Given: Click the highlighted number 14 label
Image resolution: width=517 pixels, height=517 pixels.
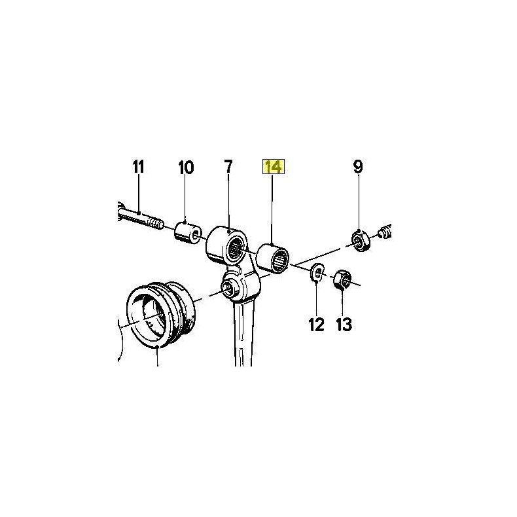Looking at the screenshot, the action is (273, 167).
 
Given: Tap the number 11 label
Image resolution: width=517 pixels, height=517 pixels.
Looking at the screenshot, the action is (139, 167).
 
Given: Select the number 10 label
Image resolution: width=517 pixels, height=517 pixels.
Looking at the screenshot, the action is (186, 168).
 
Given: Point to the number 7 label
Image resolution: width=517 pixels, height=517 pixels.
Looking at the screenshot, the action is (228, 167).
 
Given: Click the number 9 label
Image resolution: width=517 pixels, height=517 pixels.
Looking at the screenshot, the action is (358, 167).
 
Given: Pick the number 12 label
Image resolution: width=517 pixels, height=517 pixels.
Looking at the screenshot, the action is (317, 325).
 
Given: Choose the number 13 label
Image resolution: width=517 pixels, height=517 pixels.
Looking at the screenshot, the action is (344, 325).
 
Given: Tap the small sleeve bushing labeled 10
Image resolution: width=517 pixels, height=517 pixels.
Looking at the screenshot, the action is (187, 233).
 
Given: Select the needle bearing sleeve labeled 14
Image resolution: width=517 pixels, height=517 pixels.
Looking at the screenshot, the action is (273, 258).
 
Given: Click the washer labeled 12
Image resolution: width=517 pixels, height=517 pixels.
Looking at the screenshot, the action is (317, 272).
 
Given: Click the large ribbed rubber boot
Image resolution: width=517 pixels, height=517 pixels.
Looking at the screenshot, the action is (161, 313).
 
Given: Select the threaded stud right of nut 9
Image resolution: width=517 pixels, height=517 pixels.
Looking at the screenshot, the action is (385, 232).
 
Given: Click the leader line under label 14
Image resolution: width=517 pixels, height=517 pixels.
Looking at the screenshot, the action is (272, 209).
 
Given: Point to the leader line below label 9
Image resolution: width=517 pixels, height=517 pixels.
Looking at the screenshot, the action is (359, 204).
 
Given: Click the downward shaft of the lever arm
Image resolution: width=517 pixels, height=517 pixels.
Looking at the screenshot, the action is (243, 333).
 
